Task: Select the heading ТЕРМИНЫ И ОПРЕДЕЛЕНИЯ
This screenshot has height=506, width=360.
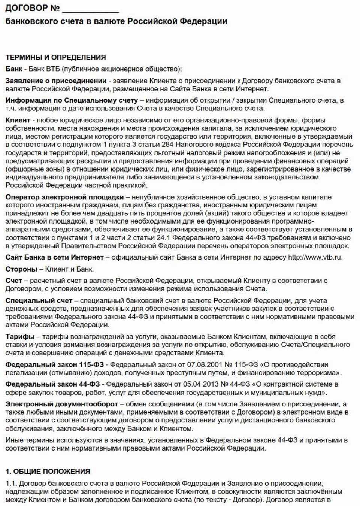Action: click(x=55, y=57)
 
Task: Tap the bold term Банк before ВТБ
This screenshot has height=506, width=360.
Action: click(x=14, y=69)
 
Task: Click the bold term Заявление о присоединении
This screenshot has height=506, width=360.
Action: click(x=56, y=81)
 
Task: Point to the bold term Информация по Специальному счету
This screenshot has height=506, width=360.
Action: click(x=72, y=100)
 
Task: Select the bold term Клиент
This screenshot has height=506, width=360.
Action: click(x=18, y=120)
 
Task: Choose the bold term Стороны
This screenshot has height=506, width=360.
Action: click(x=21, y=269)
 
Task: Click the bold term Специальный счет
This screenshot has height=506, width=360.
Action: click(x=39, y=300)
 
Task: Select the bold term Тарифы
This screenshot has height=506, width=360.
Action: click(x=20, y=337)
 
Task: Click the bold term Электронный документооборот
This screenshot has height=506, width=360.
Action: click(x=62, y=404)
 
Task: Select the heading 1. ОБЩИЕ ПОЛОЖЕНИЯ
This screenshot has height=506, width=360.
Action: click(x=48, y=472)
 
